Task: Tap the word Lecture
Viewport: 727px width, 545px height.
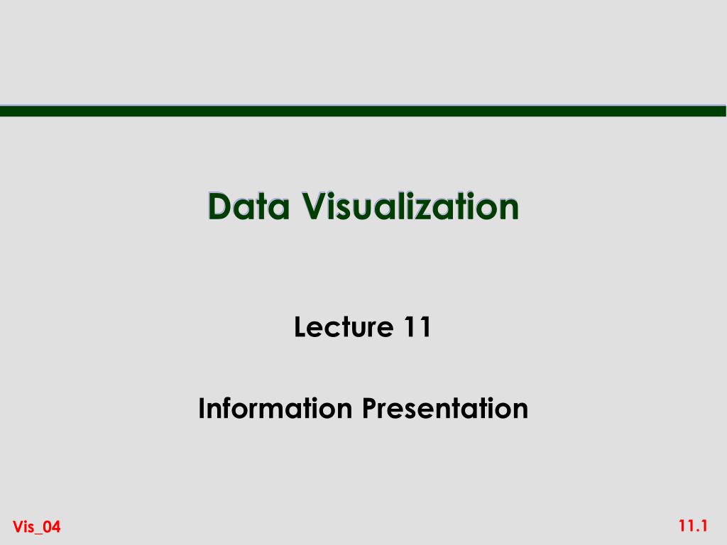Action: tap(343, 328)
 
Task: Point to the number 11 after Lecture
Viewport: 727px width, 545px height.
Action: tap(417, 328)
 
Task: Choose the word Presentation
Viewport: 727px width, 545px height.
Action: tap(444, 409)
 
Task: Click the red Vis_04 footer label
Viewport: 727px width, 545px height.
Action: tap(37, 527)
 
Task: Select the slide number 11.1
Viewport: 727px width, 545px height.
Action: tap(693, 526)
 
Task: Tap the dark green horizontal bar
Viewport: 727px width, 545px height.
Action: tap(363, 111)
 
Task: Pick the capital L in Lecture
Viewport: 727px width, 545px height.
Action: tap(300, 328)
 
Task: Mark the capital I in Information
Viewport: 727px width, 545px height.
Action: tap(202, 409)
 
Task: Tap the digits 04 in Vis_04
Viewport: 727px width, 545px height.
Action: tap(53, 527)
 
